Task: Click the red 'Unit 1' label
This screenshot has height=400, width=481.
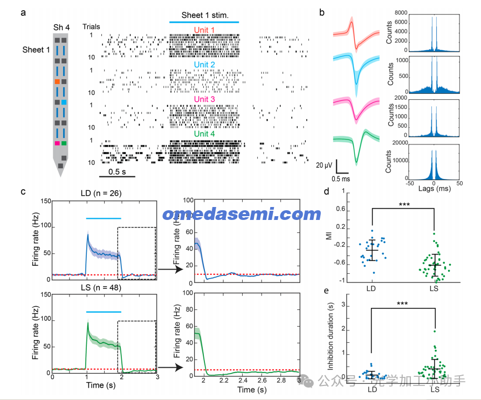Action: pyautogui.click(x=204, y=30)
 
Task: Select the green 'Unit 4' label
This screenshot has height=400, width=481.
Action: pyautogui.click(x=204, y=134)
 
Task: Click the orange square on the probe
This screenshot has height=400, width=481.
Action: pyautogui.click(x=57, y=81)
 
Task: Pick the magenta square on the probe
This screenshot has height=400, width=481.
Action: pyautogui.click(x=57, y=143)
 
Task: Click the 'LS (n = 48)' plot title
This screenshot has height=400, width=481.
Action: pyautogui.click(x=104, y=287)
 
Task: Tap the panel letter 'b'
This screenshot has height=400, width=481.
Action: pyautogui.click(x=321, y=12)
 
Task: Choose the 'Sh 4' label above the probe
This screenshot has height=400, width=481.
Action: pyautogui.click(x=60, y=27)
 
